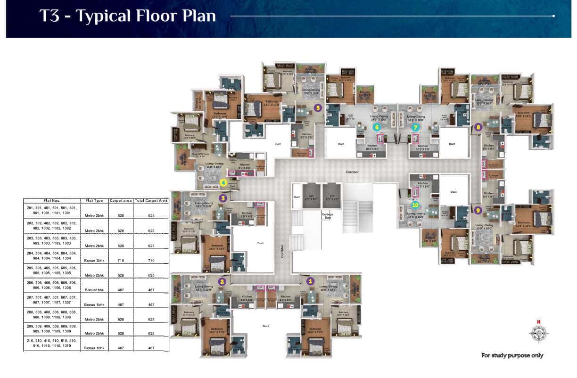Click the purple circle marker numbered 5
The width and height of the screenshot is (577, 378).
click(x=318, y=107)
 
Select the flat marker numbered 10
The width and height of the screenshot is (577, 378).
click(x=415, y=205)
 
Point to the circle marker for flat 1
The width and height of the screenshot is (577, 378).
click(x=310, y=280)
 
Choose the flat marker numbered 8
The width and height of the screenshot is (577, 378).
click(x=478, y=126)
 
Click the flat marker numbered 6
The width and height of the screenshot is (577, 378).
click(x=376, y=127)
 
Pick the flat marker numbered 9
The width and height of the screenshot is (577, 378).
click(x=478, y=210)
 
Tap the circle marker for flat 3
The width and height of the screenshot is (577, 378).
click(x=223, y=198)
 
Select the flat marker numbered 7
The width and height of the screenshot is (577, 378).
click(x=415, y=127)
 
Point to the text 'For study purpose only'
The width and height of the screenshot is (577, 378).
click(x=512, y=355)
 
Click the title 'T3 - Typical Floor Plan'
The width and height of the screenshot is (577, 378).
click(x=128, y=16)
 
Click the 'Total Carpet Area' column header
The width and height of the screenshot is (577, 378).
click(x=151, y=200)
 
